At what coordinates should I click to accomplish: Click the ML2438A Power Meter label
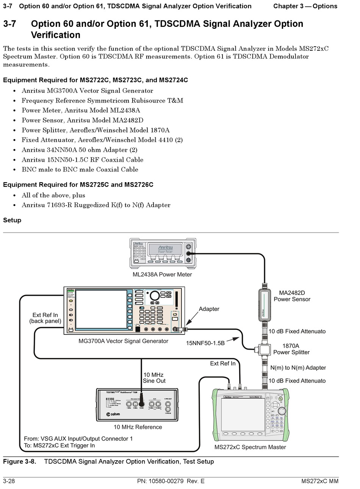162,274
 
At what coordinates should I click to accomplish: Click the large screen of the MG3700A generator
101,309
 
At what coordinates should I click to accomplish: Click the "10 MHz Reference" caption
138,427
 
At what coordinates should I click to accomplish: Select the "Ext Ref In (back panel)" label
45,318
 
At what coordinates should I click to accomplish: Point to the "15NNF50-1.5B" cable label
205,343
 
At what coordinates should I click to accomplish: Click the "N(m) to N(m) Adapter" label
298,367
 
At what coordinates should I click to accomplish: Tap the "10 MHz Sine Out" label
154,378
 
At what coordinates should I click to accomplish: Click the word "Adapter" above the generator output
209,309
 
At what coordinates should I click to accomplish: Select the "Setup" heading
12,220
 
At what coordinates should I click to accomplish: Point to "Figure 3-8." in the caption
20,461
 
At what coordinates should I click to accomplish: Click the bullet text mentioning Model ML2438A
81,110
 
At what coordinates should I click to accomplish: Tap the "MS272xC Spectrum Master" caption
250,447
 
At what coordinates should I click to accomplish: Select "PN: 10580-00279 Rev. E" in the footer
171,481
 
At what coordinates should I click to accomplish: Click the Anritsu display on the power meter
165,249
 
